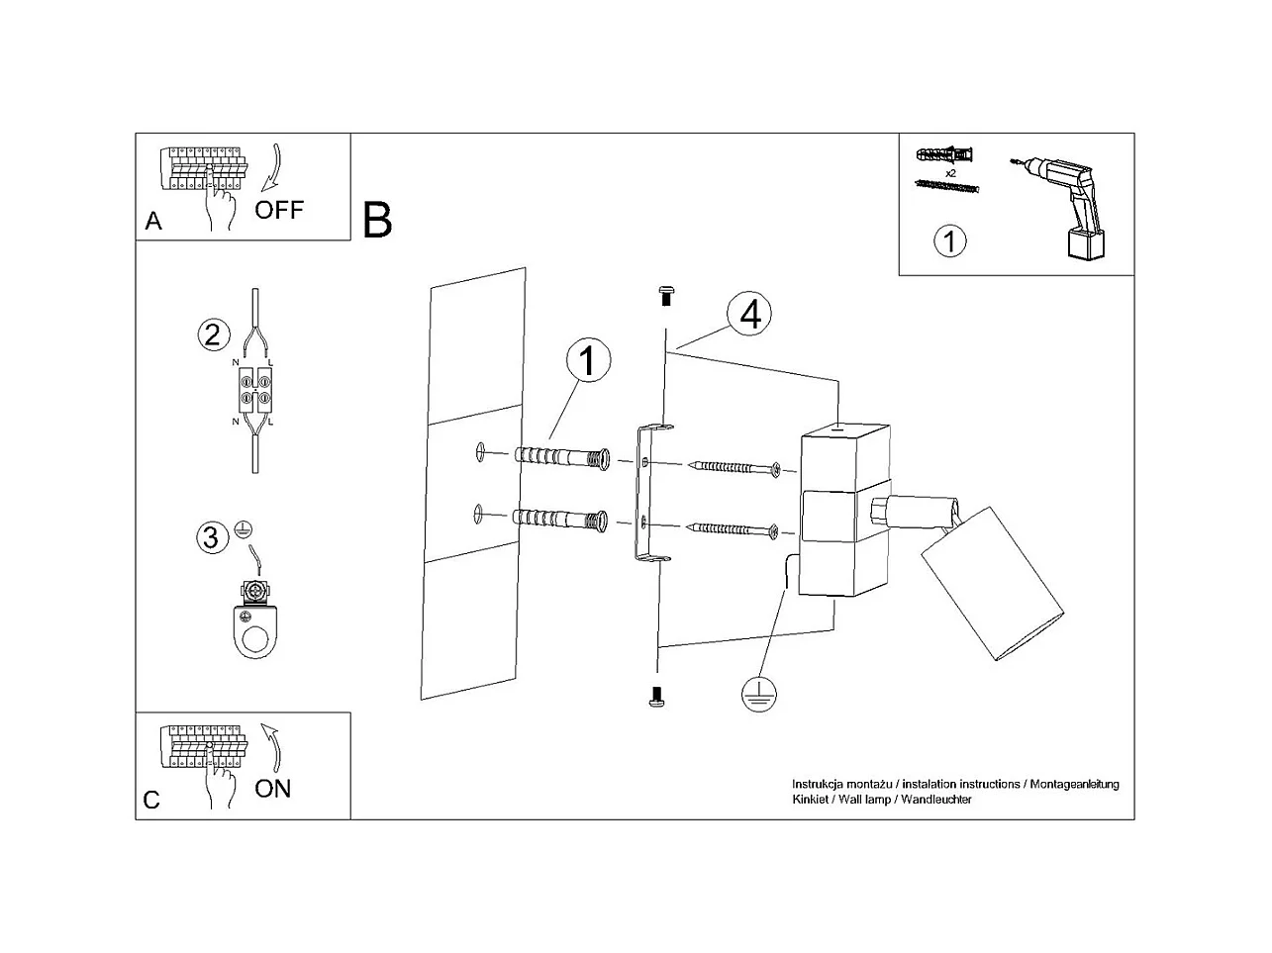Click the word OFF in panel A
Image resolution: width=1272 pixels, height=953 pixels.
(x=278, y=210)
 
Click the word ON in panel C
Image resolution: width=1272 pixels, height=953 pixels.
(x=273, y=789)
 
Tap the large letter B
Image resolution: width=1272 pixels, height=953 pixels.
(x=377, y=220)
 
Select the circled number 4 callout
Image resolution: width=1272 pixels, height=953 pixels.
(x=749, y=314)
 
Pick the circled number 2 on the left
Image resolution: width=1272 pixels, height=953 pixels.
(x=212, y=334)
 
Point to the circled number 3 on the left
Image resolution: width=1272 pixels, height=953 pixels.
(x=210, y=537)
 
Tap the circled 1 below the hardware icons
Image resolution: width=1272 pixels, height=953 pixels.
(x=950, y=240)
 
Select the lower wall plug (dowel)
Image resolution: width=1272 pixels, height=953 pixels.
(x=560, y=517)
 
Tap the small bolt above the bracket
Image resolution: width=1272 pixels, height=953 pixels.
(x=666, y=293)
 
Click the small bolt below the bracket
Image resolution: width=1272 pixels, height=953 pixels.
(x=655, y=697)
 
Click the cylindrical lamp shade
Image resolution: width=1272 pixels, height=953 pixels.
(x=992, y=584)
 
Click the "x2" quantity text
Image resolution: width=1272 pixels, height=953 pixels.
(x=950, y=173)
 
